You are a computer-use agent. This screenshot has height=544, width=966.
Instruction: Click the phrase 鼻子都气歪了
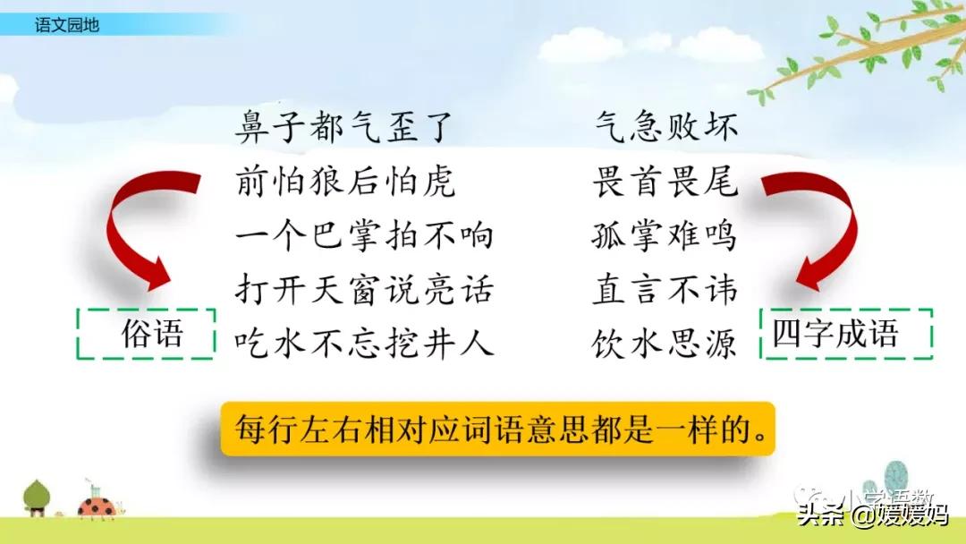point(345,128)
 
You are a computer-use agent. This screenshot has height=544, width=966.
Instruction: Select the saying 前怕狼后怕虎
point(345,182)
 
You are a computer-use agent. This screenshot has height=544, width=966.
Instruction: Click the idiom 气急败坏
point(666,128)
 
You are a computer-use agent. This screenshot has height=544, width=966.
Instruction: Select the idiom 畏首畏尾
point(666,182)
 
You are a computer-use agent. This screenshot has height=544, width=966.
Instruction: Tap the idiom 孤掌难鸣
point(666,236)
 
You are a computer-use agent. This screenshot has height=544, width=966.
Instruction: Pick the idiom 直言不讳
point(666,290)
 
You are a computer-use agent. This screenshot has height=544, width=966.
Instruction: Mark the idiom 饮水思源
point(666,343)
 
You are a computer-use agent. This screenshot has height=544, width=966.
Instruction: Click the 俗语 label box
point(146,335)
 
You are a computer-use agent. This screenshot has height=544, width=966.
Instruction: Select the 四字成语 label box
point(846,335)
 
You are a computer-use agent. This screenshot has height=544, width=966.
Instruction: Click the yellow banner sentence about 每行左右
point(497,431)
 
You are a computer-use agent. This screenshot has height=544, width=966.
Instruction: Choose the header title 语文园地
point(66,25)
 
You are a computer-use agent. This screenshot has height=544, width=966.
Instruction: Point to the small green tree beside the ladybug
point(37,497)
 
